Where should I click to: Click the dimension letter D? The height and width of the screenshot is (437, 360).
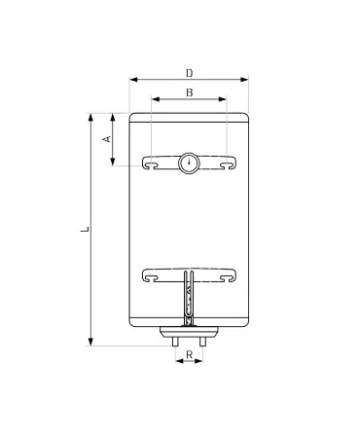(x=189, y=71)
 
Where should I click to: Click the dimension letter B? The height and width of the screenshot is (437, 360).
(x=189, y=91)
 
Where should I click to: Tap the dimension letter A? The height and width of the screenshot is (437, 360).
(x=108, y=139)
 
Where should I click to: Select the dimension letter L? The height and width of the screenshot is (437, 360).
(x=86, y=230)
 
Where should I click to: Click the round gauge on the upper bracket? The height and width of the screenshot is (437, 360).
(x=189, y=163)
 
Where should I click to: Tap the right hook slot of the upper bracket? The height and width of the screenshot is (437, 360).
(x=230, y=164)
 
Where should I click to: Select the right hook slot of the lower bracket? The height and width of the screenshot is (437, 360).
(x=230, y=276)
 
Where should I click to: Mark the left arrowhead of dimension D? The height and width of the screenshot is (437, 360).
(x=130, y=81)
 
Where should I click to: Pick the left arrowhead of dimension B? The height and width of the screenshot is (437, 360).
(x=153, y=99)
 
